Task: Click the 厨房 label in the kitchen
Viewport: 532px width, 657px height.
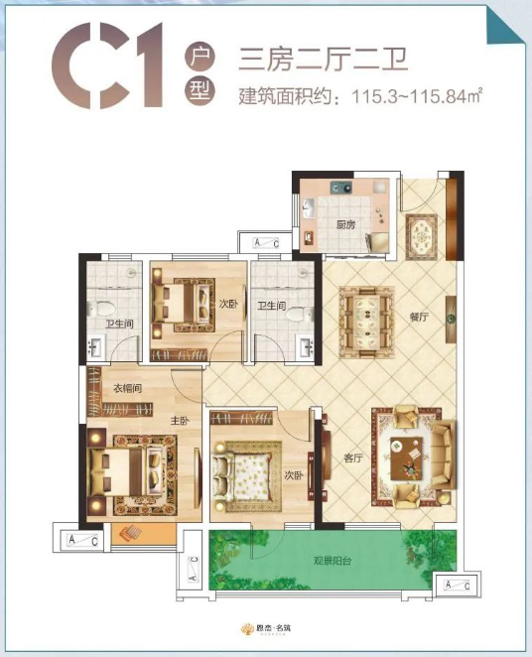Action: point(344,223)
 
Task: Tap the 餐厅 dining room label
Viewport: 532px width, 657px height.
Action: point(418,319)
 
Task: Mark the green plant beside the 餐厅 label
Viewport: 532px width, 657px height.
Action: point(450,321)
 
